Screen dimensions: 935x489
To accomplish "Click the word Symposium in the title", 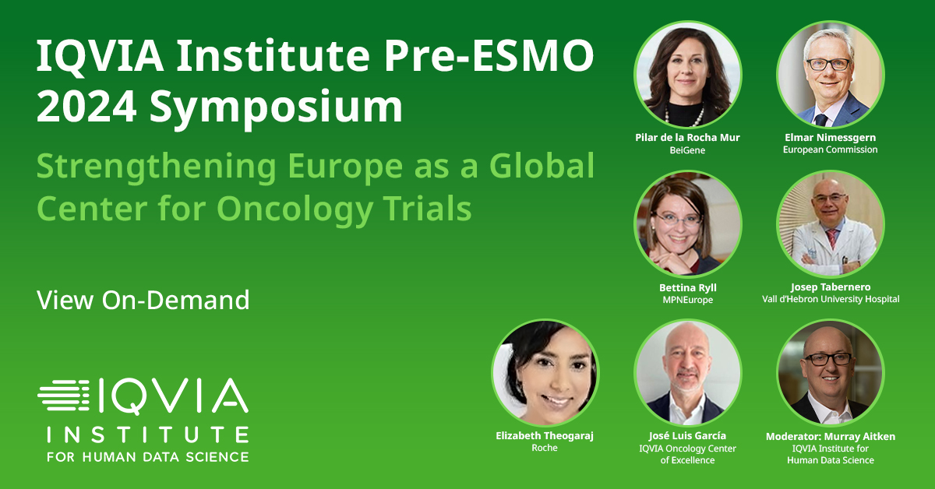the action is click(x=276, y=107).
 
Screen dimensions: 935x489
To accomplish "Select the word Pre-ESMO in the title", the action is click(x=489, y=56).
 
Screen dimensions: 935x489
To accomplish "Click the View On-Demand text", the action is click(x=143, y=300).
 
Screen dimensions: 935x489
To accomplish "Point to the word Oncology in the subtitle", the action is click(x=295, y=209).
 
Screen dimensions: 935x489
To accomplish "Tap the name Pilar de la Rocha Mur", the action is click(x=687, y=138).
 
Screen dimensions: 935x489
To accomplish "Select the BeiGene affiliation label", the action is click(x=687, y=150).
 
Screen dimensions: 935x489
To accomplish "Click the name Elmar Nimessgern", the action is click(x=831, y=138).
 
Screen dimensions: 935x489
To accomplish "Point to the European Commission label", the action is click(x=831, y=150).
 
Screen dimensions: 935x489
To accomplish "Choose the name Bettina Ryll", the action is click(x=688, y=288).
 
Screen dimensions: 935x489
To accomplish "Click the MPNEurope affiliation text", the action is click(x=688, y=300).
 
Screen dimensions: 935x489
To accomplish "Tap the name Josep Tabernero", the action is click(x=831, y=287).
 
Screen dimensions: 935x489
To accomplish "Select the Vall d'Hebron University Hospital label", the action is click(x=831, y=299).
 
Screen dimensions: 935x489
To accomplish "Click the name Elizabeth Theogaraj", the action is click(x=545, y=436).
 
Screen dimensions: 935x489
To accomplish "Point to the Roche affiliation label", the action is click(x=545, y=448).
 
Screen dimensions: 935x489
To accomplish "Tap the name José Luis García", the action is click(x=687, y=436).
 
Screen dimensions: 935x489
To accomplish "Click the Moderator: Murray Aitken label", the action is click(x=831, y=436).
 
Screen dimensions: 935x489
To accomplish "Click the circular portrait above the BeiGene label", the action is click(x=687, y=75).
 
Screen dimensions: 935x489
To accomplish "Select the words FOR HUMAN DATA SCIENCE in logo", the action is click(x=148, y=457).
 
